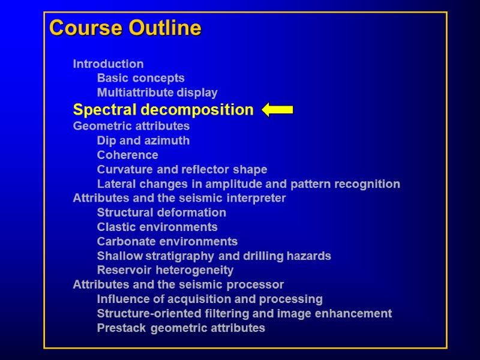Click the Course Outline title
pyautogui.click(x=125, y=28)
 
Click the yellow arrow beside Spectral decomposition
pyautogui.click(x=277, y=110)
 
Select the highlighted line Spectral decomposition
pyautogui.click(x=163, y=110)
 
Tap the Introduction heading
pyautogui.click(x=108, y=64)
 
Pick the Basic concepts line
pyautogui.click(x=140, y=78)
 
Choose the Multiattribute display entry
pyautogui.click(x=157, y=92)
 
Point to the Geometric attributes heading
pyautogui.click(x=131, y=126)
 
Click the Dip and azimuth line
pyautogui.click(x=143, y=140)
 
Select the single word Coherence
pyautogui.click(x=127, y=155)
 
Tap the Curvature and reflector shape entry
pyautogui.click(x=182, y=169)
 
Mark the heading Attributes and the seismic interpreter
pyautogui.click(x=179, y=198)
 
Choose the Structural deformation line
pyautogui.click(x=161, y=212)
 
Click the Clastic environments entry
pyautogui.click(x=157, y=227)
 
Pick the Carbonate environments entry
pyautogui.click(x=167, y=241)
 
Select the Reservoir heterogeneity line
pyautogui.click(x=165, y=270)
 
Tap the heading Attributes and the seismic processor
pyautogui.click(x=178, y=284)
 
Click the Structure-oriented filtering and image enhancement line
pyautogui.click(x=244, y=313)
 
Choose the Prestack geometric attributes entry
pyautogui.click(x=181, y=328)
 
